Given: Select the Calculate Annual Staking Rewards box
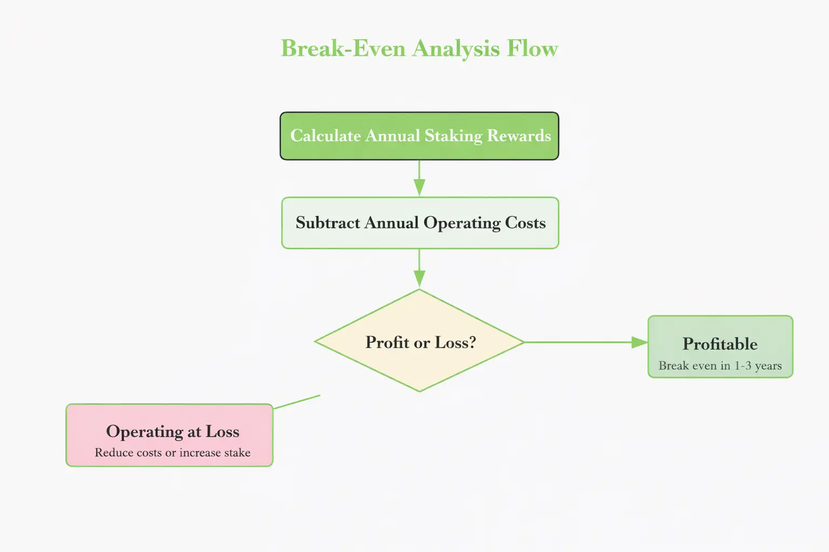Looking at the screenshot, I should click(x=419, y=136).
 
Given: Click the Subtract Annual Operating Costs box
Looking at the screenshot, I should click(x=420, y=223).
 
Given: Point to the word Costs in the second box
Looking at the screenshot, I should click(x=525, y=223).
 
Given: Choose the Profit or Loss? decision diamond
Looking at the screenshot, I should click(x=419, y=341).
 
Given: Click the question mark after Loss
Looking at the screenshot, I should click(x=472, y=342).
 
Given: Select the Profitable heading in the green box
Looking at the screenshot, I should click(x=720, y=344).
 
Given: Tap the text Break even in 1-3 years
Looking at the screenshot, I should click(x=720, y=365).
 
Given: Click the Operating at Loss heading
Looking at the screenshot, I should click(x=173, y=431).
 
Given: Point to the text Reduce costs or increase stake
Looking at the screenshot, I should click(x=173, y=453).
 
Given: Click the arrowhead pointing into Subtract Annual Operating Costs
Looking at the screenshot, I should click(x=419, y=188).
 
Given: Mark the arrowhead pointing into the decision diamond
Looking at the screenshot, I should click(x=419, y=279).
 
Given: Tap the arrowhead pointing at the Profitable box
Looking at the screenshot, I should click(x=640, y=342).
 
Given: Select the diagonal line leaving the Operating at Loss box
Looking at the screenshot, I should click(x=297, y=402).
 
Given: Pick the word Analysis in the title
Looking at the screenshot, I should click(x=456, y=49).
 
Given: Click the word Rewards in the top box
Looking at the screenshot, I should click(x=519, y=136).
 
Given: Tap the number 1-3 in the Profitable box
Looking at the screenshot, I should click(x=743, y=365).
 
